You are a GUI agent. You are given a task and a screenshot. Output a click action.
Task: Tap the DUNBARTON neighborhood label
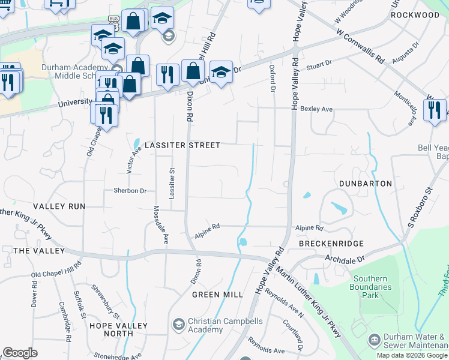(366, 183)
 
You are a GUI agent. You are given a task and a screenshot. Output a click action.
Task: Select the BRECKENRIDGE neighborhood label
(331, 244)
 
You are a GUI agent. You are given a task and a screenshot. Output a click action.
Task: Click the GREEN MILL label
(217, 295)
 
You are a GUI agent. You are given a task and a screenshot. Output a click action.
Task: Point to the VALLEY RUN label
(60, 206)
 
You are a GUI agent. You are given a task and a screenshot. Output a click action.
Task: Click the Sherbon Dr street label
(130, 191)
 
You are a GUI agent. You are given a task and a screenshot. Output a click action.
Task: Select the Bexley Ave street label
(317, 110)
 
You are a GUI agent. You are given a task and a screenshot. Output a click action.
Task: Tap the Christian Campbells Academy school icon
(178, 325)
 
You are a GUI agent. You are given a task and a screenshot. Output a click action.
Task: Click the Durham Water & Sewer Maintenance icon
(374, 340)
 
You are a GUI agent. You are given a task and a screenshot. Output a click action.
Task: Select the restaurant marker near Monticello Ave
(435, 110)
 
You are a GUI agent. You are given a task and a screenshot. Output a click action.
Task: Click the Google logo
(20, 353)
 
